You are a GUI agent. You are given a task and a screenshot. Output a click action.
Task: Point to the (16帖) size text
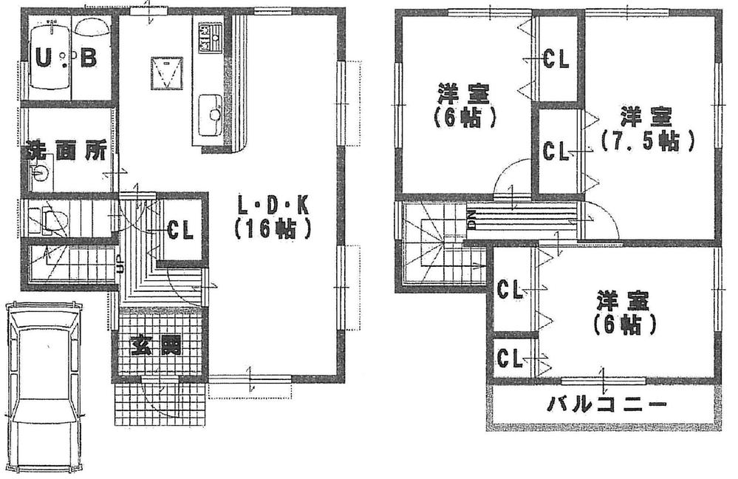click(271, 229)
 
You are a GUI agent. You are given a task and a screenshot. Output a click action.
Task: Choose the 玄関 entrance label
click(157, 345)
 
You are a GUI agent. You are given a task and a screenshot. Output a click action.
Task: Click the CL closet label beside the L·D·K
click(180, 230)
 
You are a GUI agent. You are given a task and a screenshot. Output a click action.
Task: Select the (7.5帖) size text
click(647, 140)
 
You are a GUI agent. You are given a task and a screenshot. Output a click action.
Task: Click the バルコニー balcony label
click(607, 405)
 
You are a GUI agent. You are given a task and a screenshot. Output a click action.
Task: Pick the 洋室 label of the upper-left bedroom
click(463, 95)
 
